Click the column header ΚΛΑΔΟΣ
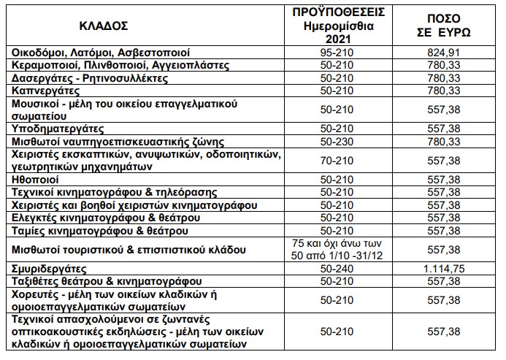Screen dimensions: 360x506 point(107,25)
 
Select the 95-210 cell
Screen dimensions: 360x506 point(348,53)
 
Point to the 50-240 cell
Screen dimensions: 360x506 point(348,269)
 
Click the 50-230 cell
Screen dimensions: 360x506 point(348,140)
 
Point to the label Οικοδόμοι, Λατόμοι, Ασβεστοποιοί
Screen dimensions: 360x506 point(99,53)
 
